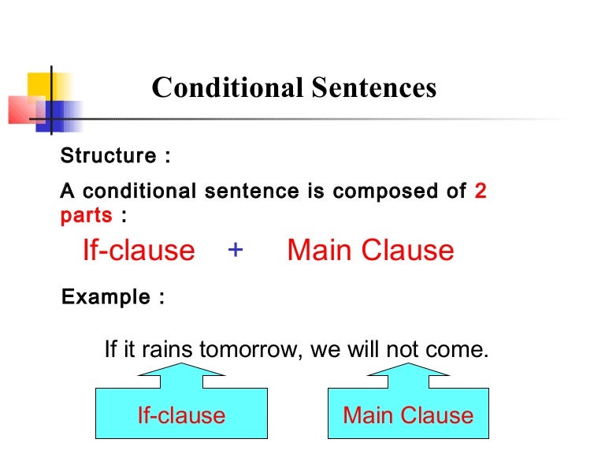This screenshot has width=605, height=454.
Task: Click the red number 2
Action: pos(481,192)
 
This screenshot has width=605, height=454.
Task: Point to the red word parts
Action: pos(86,215)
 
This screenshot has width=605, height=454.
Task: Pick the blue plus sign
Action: pos(236,250)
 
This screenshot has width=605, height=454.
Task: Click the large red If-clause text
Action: pos(139,251)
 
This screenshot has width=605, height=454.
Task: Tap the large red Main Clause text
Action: pos(370,251)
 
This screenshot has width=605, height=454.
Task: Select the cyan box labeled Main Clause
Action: pos(408,414)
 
